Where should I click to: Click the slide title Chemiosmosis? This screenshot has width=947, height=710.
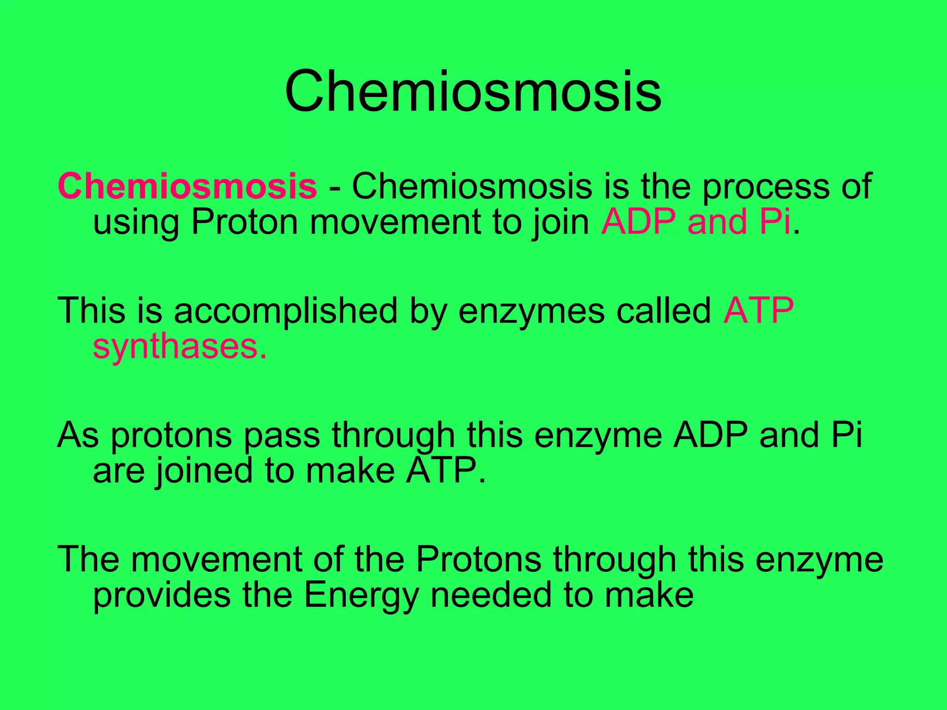[473, 91]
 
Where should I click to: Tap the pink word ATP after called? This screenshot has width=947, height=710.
[758, 311]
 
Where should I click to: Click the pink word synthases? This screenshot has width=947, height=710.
[179, 348]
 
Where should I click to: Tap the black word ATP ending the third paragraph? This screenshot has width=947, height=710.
[445, 471]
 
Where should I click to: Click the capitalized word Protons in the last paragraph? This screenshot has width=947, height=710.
[478, 559]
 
